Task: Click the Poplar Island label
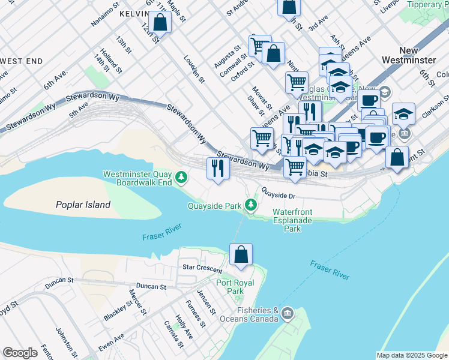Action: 83,205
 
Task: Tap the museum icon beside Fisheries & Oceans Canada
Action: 288,313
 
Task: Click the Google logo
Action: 20,353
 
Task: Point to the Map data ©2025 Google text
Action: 412,355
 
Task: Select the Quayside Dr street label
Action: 279,195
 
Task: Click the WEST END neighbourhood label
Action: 22,61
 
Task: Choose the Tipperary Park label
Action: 425,4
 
